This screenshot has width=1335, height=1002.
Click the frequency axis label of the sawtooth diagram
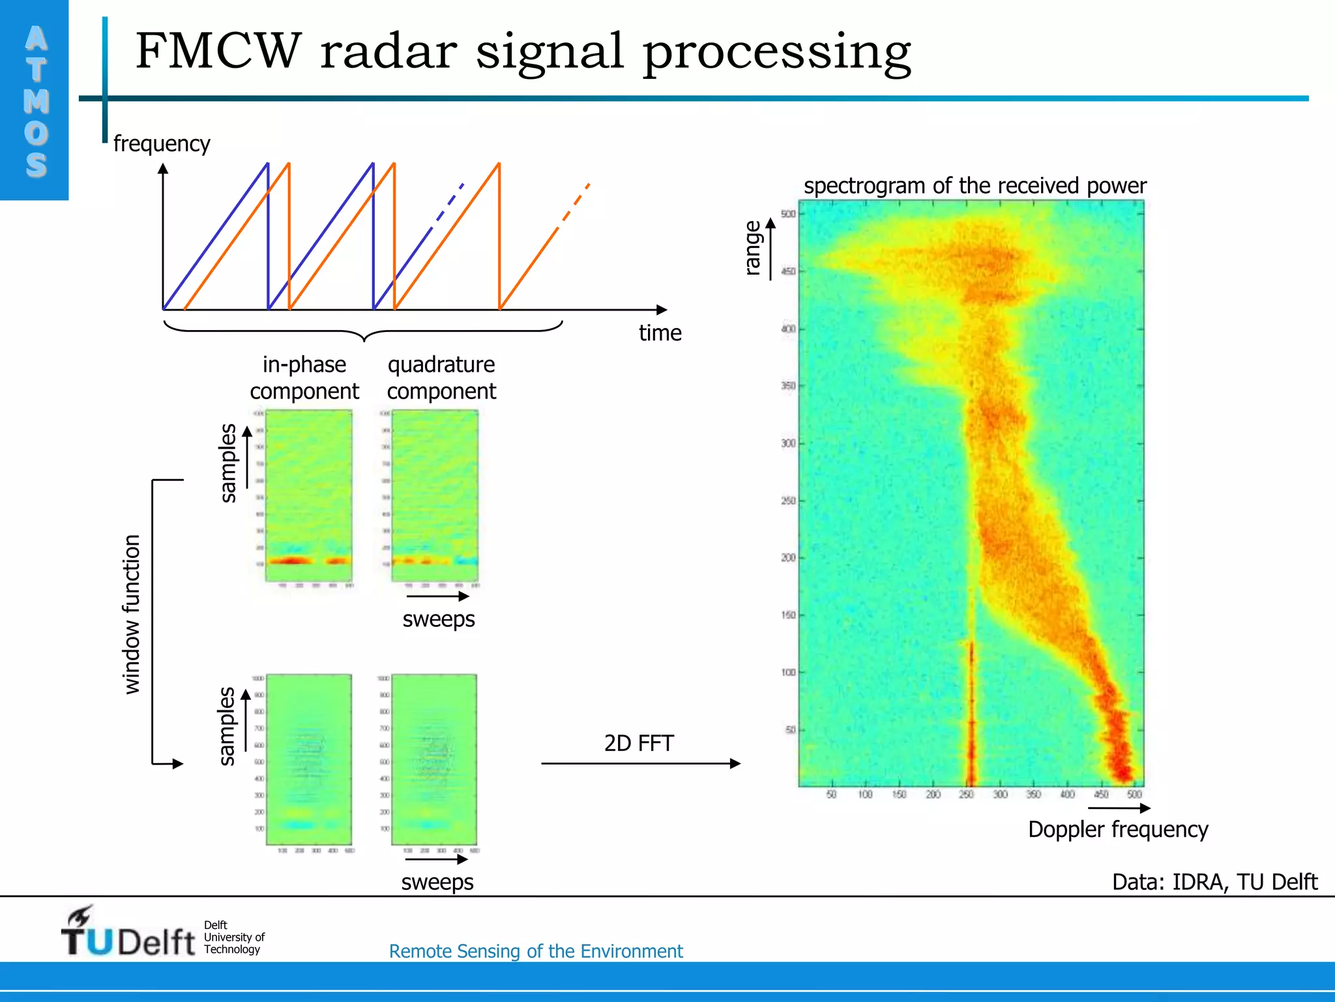tap(162, 144)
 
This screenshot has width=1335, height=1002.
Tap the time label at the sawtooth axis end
tap(660, 333)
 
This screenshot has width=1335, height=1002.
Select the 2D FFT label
tap(638, 743)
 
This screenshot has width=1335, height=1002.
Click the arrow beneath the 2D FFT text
tap(640, 763)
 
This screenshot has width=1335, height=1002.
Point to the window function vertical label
tap(132, 614)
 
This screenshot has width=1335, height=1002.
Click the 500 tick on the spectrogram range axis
tap(788, 214)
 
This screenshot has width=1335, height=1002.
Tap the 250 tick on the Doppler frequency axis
tap(966, 795)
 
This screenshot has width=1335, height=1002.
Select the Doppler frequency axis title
tap(1117, 829)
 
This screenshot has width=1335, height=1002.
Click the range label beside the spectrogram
tap(752, 248)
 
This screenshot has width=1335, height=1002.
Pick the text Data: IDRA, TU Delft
tap(1214, 882)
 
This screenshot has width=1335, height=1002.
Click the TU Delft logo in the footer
tap(129, 934)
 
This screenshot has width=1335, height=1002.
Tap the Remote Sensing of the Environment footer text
tap(535, 951)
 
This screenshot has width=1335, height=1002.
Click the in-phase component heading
tap(304, 378)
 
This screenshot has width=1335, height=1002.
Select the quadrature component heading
tap(441, 378)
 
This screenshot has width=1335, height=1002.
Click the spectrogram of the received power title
tap(975, 186)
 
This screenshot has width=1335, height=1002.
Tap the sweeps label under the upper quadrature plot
tap(438, 618)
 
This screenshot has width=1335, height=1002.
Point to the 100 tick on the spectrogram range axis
tap(788, 673)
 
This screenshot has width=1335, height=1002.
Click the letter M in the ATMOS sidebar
tap(36, 101)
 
